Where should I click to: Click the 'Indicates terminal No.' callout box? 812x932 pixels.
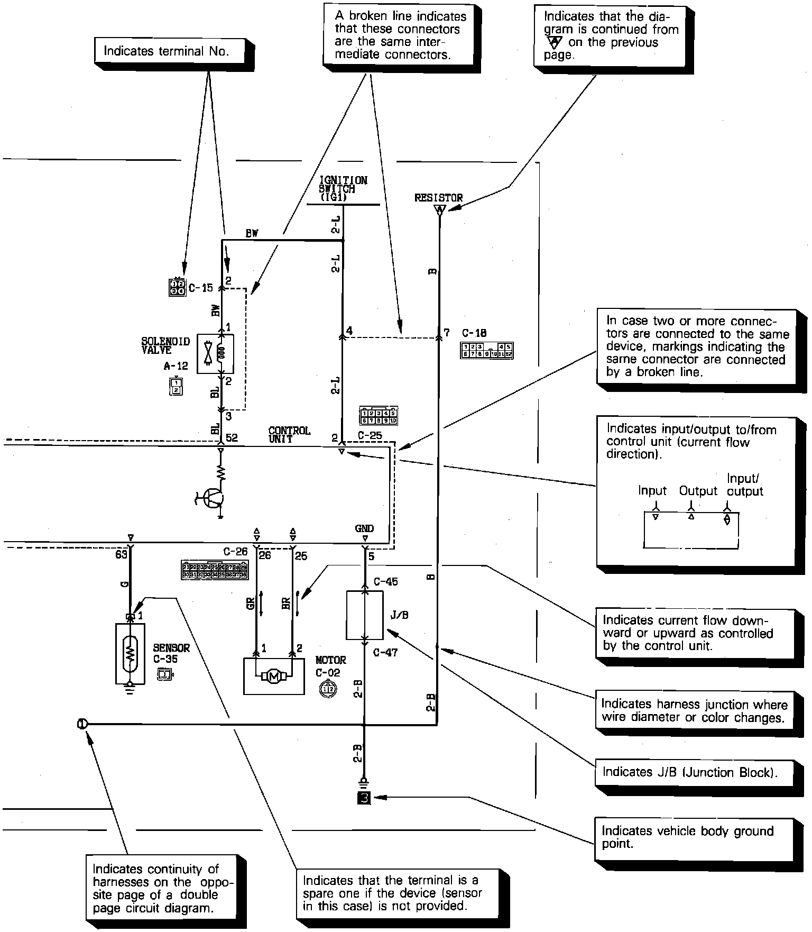[166, 51]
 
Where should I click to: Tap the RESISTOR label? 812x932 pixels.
[438, 198]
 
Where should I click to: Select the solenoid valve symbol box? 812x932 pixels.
[215, 354]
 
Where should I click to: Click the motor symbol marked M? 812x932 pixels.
[274, 676]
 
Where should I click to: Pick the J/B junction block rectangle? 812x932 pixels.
[365, 615]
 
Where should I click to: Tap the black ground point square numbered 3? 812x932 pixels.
[364, 798]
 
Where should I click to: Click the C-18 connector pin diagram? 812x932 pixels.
[486, 351]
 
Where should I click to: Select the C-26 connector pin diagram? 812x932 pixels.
[215, 571]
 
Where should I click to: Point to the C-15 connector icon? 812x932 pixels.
[177, 287]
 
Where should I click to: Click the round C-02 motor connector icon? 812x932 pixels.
[328, 688]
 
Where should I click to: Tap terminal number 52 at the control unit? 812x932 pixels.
[232, 438]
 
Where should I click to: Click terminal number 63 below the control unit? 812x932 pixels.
[121, 554]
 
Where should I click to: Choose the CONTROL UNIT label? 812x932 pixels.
[289, 435]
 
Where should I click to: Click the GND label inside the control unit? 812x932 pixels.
[364, 528]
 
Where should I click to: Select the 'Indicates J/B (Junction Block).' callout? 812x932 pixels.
[689, 772]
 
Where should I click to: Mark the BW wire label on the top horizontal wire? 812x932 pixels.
[252, 233]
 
